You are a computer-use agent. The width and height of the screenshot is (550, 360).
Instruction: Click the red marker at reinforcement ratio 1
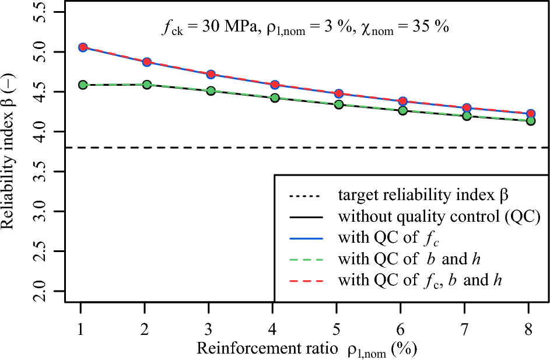pyautogui.click(x=83, y=47)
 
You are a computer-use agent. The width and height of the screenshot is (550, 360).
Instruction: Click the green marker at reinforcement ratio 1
pyautogui.click(x=83, y=85)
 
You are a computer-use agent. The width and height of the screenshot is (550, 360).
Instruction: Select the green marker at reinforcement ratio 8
pyautogui.click(x=531, y=121)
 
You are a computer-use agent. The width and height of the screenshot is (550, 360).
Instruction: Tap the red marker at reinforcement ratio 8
pyautogui.click(x=531, y=114)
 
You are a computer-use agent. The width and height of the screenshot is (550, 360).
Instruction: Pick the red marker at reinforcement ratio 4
pyautogui.click(x=275, y=85)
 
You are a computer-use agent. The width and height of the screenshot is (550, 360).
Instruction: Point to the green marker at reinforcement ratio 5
pyautogui.click(x=339, y=104)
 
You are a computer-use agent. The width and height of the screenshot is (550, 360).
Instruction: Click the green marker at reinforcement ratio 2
pyautogui.click(x=147, y=85)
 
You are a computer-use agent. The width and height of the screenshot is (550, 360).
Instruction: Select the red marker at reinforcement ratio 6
pyautogui.click(x=403, y=102)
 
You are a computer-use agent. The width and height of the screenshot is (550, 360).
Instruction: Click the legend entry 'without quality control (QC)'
pyautogui.click(x=440, y=216)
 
